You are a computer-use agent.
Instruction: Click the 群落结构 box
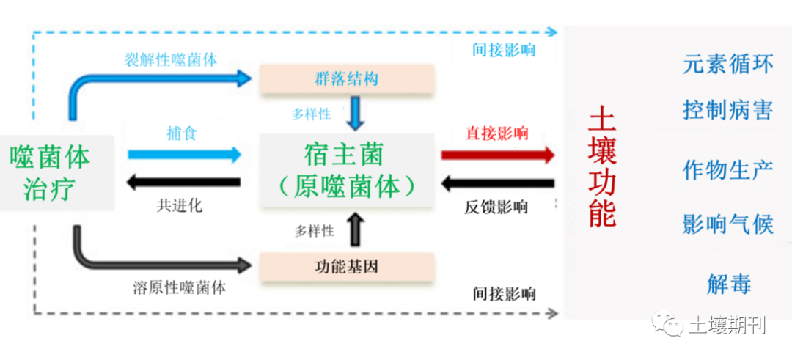347,78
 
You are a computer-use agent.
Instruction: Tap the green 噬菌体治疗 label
50,172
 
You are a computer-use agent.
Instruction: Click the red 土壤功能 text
603,167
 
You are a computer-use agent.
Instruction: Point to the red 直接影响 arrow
498,155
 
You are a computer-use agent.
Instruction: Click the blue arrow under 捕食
184,155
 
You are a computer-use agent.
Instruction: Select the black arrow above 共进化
184,183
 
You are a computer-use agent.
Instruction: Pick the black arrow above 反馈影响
498,183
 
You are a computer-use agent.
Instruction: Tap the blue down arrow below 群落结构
356,114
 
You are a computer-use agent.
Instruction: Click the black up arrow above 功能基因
356,229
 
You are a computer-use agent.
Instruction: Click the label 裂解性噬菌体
169,59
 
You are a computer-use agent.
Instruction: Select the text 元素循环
727,65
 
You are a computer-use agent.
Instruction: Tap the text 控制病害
727,111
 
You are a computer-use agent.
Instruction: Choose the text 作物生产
727,170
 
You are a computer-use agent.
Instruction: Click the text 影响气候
727,224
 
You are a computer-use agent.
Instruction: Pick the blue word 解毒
729,284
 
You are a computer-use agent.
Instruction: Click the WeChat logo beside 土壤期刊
669,323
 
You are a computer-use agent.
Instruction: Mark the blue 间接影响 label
504,50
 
